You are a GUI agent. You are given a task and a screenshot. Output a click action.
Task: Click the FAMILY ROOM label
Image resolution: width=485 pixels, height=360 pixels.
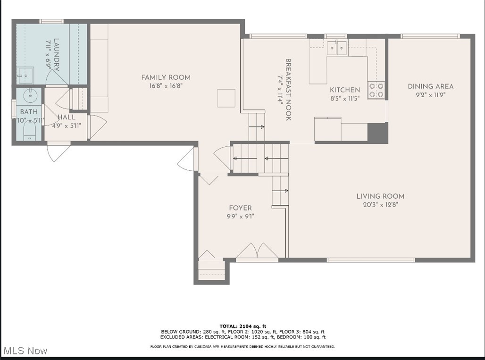[166, 77]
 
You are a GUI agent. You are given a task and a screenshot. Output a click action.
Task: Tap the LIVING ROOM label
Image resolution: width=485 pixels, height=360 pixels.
[380, 196]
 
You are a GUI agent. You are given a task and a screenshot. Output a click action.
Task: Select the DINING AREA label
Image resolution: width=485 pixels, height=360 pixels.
[430, 86]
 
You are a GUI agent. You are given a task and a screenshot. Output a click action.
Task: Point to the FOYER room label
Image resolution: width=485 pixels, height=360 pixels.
[240, 208]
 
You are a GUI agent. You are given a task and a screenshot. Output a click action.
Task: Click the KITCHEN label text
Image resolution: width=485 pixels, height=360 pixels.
[344, 90]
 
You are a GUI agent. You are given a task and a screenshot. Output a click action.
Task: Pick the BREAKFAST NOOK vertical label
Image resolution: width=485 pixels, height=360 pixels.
[288, 90]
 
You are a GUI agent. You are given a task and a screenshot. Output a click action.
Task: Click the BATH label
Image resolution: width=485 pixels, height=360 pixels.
[28, 112]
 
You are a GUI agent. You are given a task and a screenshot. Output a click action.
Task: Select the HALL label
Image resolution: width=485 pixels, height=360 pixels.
[66, 117]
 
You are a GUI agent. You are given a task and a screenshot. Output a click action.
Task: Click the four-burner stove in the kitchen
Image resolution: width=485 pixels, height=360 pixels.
[376, 90]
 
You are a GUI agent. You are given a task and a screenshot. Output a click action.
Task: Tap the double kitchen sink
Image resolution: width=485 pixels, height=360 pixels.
[337, 48]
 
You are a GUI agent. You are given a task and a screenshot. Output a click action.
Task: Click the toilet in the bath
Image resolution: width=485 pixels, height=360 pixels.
[29, 134]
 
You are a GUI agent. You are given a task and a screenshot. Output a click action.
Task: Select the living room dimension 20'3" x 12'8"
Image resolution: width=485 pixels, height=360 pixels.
[380, 205]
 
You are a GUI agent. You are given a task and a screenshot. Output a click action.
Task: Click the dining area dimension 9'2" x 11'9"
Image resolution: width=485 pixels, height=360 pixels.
[430, 94]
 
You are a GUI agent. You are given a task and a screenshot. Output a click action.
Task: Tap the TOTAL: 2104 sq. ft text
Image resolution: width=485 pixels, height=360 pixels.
[242, 326]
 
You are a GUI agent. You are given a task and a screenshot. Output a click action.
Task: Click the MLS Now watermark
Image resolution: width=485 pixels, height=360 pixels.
[25, 351]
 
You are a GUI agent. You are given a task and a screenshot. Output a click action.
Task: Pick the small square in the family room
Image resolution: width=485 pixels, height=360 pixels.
[226, 98]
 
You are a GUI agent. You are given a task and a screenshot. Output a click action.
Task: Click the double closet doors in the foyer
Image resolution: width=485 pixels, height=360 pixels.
[257, 251]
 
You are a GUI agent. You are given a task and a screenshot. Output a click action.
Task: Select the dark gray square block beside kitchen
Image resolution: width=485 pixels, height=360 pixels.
[377, 133]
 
